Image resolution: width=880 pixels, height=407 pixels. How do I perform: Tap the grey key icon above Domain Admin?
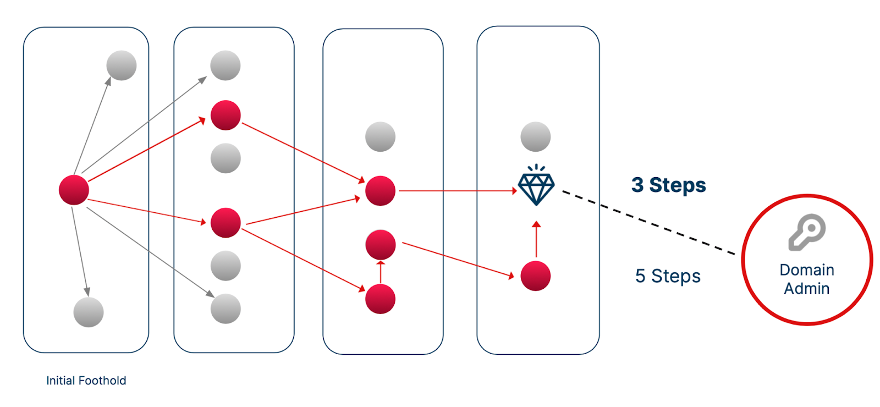[x=807, y=232]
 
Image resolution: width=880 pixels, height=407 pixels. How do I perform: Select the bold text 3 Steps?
[x=668, y=185]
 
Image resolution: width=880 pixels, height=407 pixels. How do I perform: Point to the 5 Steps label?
[x=668, y=276]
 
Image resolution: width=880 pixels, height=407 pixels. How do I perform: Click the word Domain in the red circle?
[x=807, y=269]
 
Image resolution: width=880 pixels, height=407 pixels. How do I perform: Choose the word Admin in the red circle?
[x=807, y=288]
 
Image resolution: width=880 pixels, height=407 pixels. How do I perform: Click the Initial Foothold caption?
[x=86, y=381]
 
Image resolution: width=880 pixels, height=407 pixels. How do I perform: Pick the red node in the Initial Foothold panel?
[x=74, y=190]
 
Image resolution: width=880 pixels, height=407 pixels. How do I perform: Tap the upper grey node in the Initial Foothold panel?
[x=122, y=65]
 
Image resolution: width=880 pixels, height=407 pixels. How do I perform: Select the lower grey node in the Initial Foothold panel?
[x=89, y=312]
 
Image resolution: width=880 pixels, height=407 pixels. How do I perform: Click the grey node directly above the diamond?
[x=536, y=136]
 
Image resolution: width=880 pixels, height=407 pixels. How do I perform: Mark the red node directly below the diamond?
[x=536, y=276]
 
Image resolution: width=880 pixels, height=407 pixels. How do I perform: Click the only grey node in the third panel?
[x=381, y=136]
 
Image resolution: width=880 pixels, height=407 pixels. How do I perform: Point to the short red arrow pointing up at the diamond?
[x=536, y=239]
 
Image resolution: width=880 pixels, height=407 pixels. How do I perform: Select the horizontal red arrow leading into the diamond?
[x=457, y=191]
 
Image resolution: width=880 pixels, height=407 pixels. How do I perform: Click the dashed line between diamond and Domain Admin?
[x=649, y=223]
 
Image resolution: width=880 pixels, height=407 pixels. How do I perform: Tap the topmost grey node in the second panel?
[x=226, y=65]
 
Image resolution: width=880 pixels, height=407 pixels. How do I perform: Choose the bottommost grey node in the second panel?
[x=226, y=309]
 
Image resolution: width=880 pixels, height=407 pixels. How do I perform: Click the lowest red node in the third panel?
[x=381, y=299]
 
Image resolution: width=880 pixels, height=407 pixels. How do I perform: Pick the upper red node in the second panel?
[x=226, y=116]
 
